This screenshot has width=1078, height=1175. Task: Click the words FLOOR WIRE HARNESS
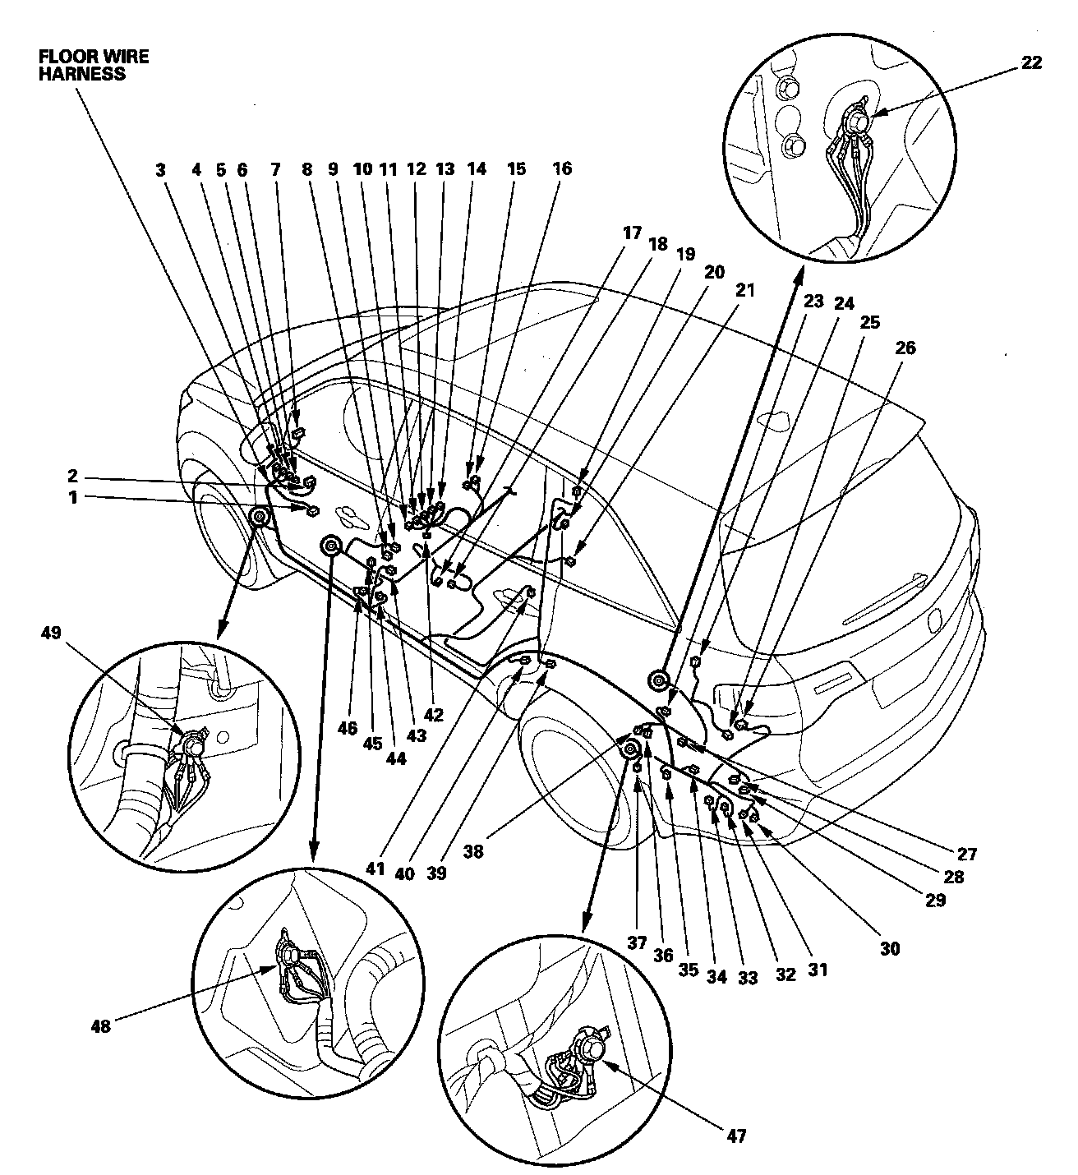click(94, 65)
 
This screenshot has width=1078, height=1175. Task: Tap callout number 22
click(1031, 62)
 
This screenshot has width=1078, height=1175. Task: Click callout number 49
click(51, 633)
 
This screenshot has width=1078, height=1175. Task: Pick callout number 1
click(72, 498)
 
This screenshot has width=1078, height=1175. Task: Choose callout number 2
click(72, 475)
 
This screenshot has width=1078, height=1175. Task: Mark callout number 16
click(563, 168)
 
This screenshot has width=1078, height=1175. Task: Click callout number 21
click(744, 290)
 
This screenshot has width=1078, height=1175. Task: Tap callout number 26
click(905, 348)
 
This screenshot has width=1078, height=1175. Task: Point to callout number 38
click(473, 852)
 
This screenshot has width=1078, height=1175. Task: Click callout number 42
click(433, 715)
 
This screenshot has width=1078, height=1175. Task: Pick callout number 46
click(348, 728)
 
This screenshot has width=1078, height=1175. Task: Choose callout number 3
click(160, 170)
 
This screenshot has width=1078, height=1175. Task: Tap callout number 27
click(967, 855)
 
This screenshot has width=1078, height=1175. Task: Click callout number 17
click(632, 233)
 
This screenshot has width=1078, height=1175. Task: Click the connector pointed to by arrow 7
click(298, 433)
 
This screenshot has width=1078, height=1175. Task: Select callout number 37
click(637, 942)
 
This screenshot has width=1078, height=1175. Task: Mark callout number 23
click(813, 301)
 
